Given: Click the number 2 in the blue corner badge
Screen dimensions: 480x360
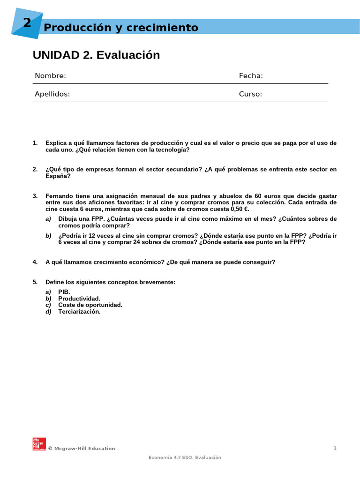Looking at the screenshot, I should [x=27, y=22].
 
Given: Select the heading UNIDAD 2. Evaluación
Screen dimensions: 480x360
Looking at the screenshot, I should [x=96, y=55].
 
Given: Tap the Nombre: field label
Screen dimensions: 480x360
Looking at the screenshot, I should [x=50, y=76].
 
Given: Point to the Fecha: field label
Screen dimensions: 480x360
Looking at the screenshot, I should [x=251, y=76].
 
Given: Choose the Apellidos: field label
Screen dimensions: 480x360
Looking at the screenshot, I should [x=52, y=94].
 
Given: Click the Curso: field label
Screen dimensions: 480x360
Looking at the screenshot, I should [x=250, y=94].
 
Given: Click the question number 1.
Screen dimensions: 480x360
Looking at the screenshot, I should [x=35, y=143].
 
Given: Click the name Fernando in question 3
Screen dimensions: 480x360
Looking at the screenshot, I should [x=60, y=195].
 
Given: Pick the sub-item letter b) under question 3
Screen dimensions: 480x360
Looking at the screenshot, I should [x=48, y=235].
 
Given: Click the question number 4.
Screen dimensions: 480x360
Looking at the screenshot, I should [x=35, y=262].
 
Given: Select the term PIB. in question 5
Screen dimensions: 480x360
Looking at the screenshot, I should [x=64, y=292].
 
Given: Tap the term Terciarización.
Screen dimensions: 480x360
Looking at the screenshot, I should [x=79, y=311].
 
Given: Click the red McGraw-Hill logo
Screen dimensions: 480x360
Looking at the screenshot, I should [x=39, y=444].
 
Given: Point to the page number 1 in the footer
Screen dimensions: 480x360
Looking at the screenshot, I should [x=335, y=449].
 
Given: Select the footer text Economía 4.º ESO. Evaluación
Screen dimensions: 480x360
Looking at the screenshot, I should [x=185, y=457].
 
